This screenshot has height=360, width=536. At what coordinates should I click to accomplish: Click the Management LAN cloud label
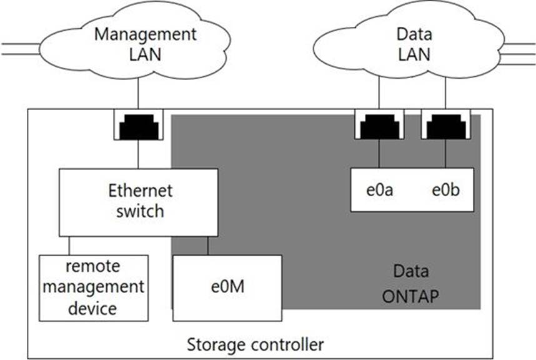[146, 44]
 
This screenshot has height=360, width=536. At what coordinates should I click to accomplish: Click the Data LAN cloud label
[414, 44]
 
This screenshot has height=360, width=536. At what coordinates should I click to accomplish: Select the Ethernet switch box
[139, 202]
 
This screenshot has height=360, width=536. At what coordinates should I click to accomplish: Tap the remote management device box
[94, 288]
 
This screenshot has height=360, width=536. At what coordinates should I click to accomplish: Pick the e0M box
[227, 288]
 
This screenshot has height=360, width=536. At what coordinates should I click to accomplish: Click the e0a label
[379, 190]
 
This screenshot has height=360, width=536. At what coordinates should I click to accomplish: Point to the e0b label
[445, 190]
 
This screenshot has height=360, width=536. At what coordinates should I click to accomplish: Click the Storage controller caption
[256, 344]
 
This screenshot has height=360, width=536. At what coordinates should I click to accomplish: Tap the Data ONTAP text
[410, 284]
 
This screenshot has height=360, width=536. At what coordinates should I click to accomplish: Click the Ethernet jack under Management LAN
[139, 124]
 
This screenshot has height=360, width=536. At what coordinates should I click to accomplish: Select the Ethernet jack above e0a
[379, 124]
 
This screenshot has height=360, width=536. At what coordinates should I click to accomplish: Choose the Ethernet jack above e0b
[446, 124]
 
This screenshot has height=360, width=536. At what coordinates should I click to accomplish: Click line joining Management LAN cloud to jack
[138, 93]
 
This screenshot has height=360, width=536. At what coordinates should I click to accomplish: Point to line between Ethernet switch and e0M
[207, 246]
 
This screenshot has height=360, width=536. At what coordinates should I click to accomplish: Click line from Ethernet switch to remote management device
[69, 246]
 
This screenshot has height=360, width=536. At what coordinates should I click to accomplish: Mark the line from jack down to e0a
[379, 154]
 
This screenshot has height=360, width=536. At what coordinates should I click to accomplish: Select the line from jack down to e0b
[445, 154]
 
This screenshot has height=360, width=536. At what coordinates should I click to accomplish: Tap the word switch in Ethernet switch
[140, 211]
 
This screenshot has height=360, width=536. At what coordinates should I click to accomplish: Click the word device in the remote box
[92, 308]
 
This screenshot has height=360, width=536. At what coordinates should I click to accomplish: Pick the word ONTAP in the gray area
[410, 296]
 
